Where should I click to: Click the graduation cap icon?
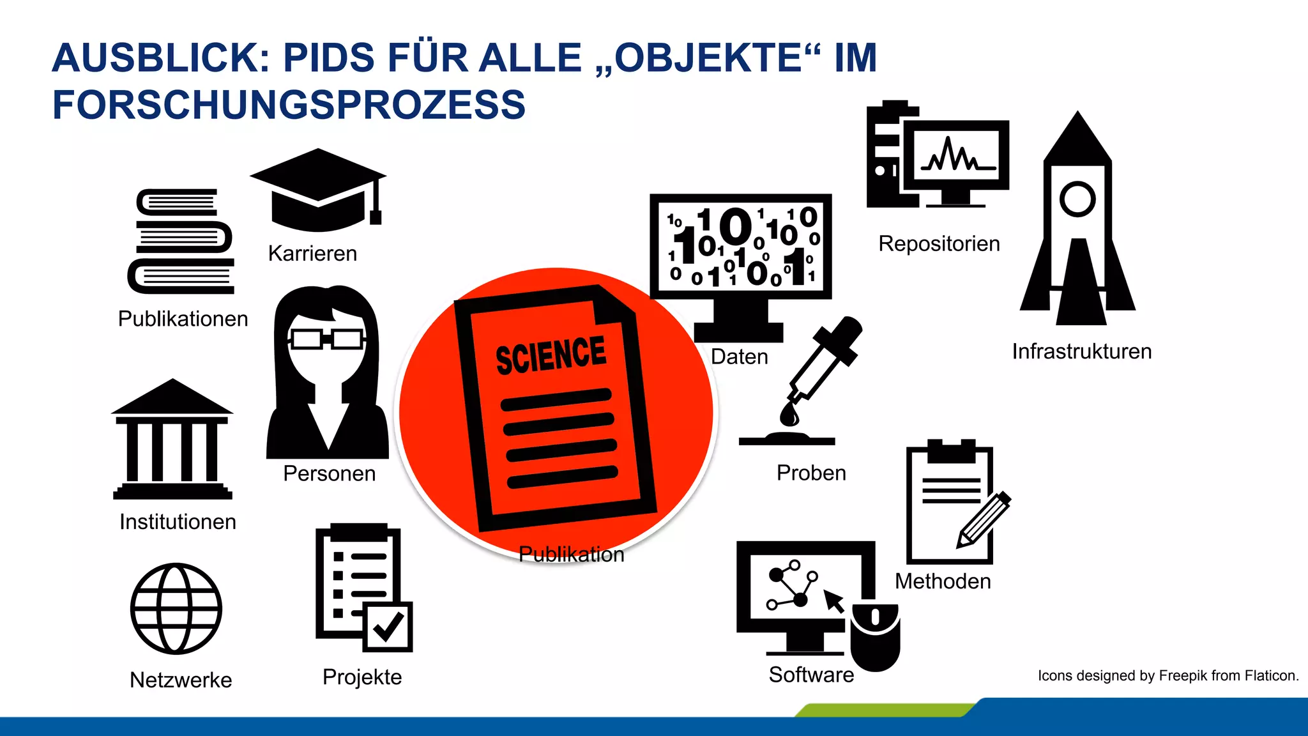coord(317,189)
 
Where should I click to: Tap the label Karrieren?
coord(312,254)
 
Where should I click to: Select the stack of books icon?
coord(182,241)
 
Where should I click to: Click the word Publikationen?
coord(183,319)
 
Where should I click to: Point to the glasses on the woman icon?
coord(326,338)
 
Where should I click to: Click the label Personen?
coord(329,473)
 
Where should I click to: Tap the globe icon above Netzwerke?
coord(176,608)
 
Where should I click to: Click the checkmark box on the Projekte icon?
coord(387,627)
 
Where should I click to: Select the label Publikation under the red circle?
coord(571,554)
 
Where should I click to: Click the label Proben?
coord(811,473)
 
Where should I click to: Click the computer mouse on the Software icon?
coord(875,636)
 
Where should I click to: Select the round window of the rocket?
coord(1077,199)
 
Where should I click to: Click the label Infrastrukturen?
coord(1081,351)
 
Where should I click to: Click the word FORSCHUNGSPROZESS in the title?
coord(289,105)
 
